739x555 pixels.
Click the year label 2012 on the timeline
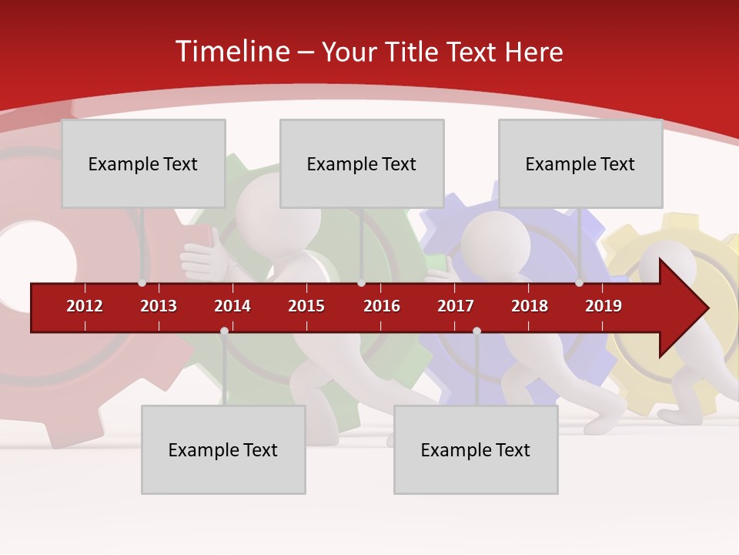click(x=85, y=306)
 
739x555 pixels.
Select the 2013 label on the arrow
click(x=159, y=306)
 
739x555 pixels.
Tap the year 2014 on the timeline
click(x=232, y=306)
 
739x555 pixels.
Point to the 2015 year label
click(x=306, y=306)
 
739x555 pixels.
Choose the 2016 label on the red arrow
click(x=382, y=306)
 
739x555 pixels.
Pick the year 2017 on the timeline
click(x=456, y=306)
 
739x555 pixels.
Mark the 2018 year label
click(x=530, y=306)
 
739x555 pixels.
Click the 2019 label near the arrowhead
click(x=604, y=306)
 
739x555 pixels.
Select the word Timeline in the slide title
click(x=232, y=52)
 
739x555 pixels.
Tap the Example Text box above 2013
click(x=143, y=163)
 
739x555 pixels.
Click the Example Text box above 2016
click(x=362, y=163)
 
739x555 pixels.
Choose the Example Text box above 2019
click(x=580, y=163)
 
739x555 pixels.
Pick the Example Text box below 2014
click(x=223, y=449)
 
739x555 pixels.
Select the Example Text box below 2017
click(x=476, y=449)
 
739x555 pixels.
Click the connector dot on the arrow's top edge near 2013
click(x=142, y=283)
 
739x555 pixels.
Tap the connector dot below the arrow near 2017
click(x=477, y=331)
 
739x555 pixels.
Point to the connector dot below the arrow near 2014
click(x=224, y=331)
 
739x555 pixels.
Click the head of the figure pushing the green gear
click(x=266, y=204)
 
